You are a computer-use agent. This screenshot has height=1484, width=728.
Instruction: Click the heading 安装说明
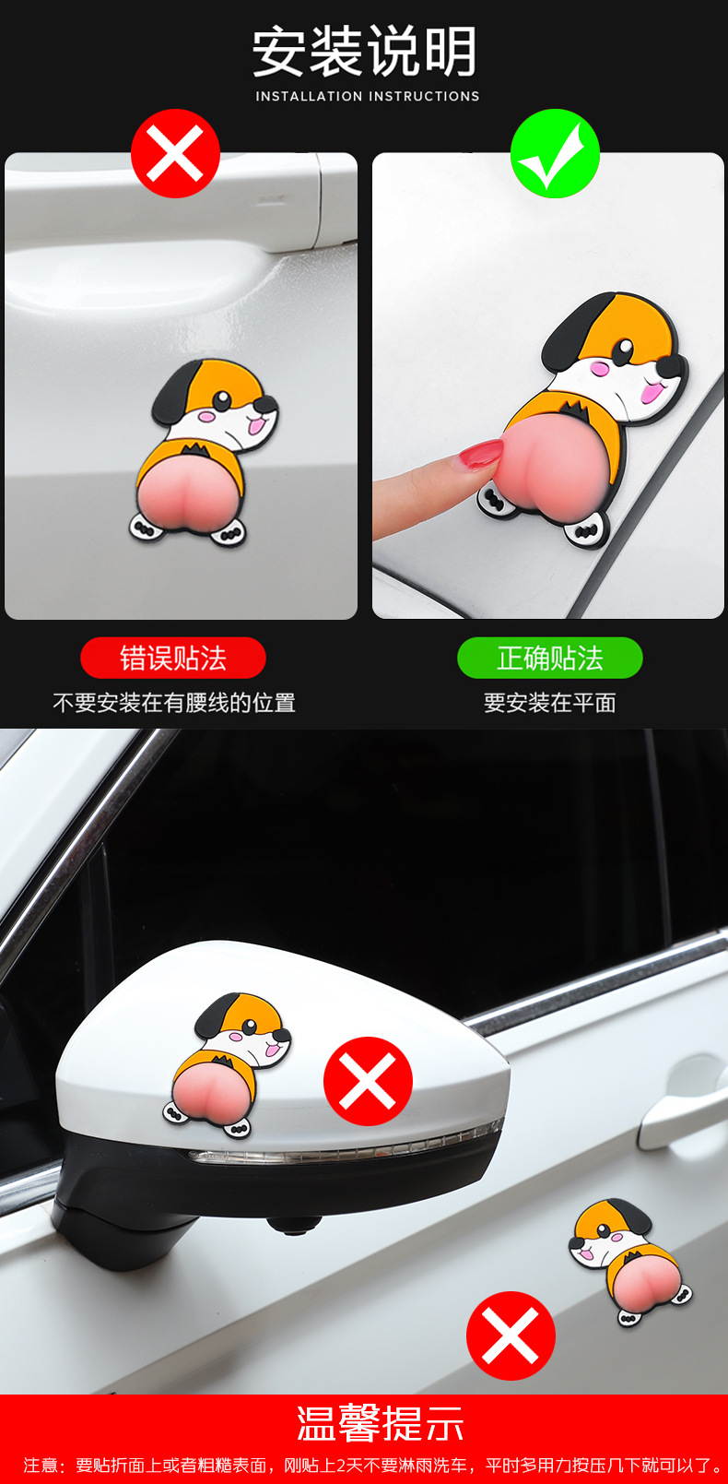[x=364, y=51]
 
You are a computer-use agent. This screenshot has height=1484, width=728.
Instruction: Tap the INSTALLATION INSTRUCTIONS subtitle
[x=368, y=96]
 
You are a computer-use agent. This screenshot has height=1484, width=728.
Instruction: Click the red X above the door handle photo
[x=175, y=153]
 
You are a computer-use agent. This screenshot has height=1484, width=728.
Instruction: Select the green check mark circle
[x=555, y=153]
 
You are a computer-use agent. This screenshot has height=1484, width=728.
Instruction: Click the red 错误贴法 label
[x=172, y=658]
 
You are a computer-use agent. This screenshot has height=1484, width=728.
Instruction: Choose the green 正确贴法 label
[x=550, y=658]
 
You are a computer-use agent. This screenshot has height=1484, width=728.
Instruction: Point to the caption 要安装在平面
[x=550, y=703]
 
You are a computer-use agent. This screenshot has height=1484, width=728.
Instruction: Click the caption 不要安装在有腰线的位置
[x=174, y=703]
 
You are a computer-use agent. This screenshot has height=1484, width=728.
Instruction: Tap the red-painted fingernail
[x=480, y=454]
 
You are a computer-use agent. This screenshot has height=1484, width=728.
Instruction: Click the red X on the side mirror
[x=368, y=1081]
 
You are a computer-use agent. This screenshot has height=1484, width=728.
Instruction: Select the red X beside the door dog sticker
[x=511, y=1336]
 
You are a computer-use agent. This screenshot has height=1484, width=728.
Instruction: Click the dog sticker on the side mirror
[x=227, y=1064]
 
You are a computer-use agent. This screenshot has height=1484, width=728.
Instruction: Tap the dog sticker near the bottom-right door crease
[x=630, y=1262]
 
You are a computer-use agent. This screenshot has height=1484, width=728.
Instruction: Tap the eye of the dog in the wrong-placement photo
[x=222, y=399]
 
